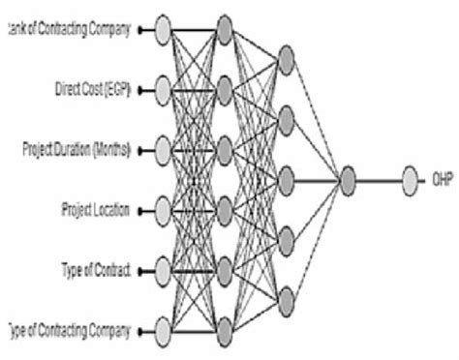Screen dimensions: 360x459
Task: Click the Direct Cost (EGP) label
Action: pyautogui.click(x=95, y=90)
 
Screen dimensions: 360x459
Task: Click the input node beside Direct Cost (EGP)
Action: pyautogui.click(x=161, y=90)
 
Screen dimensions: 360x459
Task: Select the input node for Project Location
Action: pyautogui.click(x=161, y=210)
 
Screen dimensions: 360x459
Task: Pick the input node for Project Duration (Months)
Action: pyautogui.click(x=161, y=150)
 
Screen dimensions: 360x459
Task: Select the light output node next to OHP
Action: pyautogui.click(x=411, y=180)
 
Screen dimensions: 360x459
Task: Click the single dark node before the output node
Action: pyautogui.click(x=348, y=180)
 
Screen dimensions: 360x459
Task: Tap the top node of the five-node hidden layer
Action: pyautogui.click(x=285, y=61)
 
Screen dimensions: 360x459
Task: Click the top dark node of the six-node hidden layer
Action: pyautogui.click(x=225, y=30)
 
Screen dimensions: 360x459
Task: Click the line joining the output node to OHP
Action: pyautogui.click(x=379, y=180)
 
